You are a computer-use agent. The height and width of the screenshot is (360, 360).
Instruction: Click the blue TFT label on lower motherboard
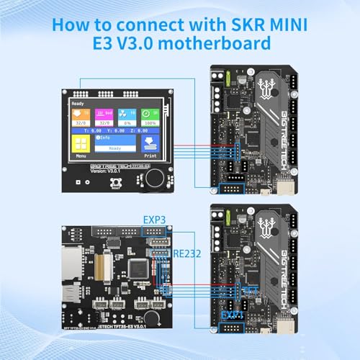tap(246, 288)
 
